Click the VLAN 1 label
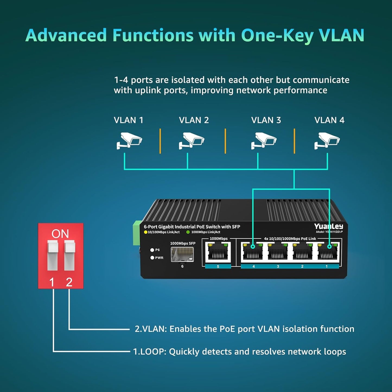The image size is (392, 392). pyautogui.click(x=128, y=120)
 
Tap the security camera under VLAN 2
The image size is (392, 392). pyautogui.click(x=191, y=140)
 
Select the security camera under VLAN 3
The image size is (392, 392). pyautogui.click(x=263, y=140)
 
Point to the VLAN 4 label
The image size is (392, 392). pyautogui.click(x=329, y=120)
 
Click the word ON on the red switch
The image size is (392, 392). pyautogui.click(x=60, y=234)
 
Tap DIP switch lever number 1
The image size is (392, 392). pyautogui.click(x=53, y=255)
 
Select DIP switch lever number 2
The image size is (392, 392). pyautogui.click(x=69, y=255)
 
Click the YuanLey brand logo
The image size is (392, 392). pyautogui.click(x=329, y=227)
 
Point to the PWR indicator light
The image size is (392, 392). pyautogui.click(x=152, y=258)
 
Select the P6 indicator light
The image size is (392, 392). pyautogui.click(x=152, y=250)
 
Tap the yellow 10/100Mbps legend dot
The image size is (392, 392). pyautogui.click(x=146, y=232)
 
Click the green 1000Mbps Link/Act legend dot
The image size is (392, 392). pyautogui.click(x=188, y=232)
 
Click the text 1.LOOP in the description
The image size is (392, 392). pyautogui.click(x=149, y=352)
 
